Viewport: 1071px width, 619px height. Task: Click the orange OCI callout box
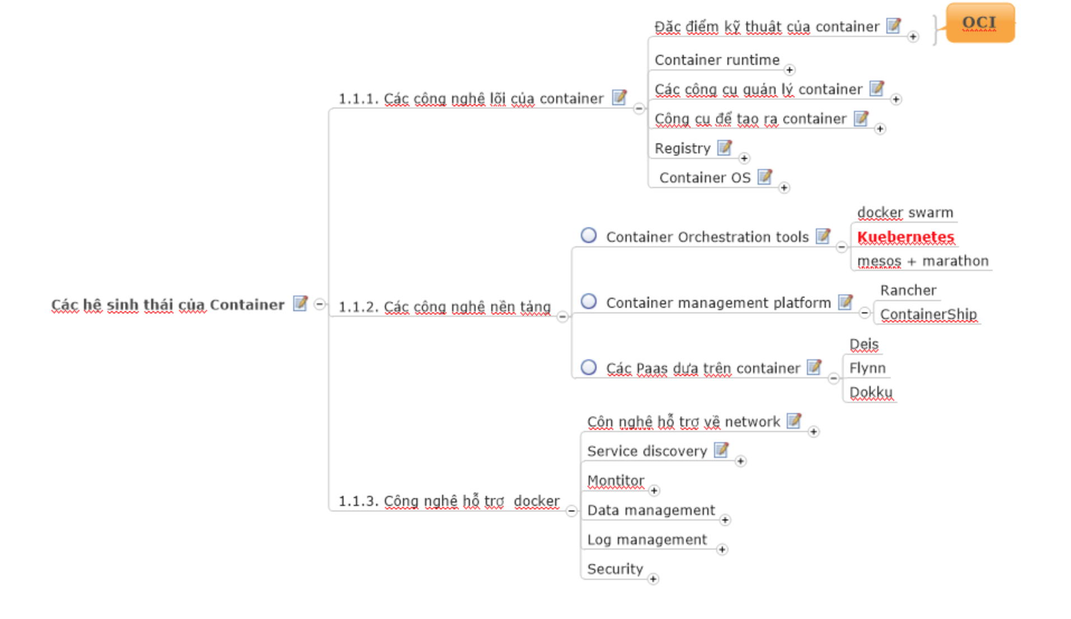tap(979, 23)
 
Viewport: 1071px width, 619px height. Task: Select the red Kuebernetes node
tap(905, 237)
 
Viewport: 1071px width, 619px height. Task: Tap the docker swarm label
tap(905, 213)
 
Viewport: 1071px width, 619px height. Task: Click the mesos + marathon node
tap(923, 261)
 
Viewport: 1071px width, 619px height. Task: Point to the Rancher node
tap(908, 290)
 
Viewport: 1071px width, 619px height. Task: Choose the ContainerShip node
tap(928, 314)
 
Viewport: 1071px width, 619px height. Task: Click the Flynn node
tap(867, 368)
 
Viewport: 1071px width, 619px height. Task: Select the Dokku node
tap(871, 392)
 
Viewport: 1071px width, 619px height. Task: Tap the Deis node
tap(864, 344)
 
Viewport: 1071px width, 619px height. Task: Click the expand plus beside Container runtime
tap(790, 70)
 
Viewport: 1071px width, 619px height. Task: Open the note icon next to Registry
tap(725, 147)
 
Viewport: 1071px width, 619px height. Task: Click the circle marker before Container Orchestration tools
tap(589, 235)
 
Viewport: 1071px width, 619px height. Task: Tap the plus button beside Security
tap(653, 579)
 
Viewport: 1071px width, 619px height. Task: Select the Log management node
tap(647, 540)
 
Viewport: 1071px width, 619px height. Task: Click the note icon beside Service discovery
tap(721, 449)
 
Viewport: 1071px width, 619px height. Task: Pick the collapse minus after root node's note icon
tap(320, 304)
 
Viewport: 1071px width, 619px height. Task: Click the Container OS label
tap(704, 177)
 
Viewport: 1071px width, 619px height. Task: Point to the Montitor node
tap(616, 480)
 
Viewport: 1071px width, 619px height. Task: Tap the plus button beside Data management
tap(725, 520)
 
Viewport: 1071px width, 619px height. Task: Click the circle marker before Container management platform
tap(589, 301)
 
